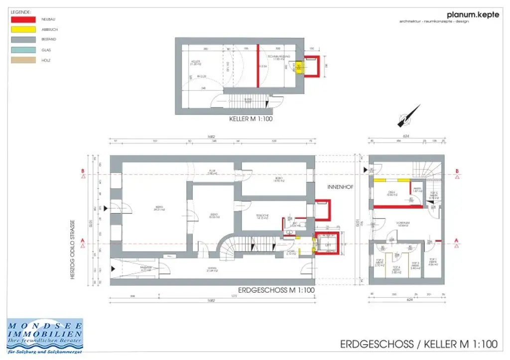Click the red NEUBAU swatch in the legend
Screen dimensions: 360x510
(x=23, y=19)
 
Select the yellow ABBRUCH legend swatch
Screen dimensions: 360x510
(x=23, y=29)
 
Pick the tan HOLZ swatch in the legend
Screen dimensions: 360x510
(x=23, y=60)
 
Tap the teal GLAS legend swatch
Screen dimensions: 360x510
(x=23, y=50)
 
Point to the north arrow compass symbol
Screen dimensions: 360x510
(x=408, y=117)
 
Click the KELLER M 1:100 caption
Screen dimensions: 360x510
(x=251, y=120)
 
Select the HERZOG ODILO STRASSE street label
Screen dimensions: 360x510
(x=73, y=249)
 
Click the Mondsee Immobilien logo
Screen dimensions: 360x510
(x=45, y=336)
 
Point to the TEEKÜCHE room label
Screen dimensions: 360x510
(x=262, y=215)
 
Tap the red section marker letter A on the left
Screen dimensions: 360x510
(x=83, y=240)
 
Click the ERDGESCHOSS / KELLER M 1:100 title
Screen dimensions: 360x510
(x=419, y=344)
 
